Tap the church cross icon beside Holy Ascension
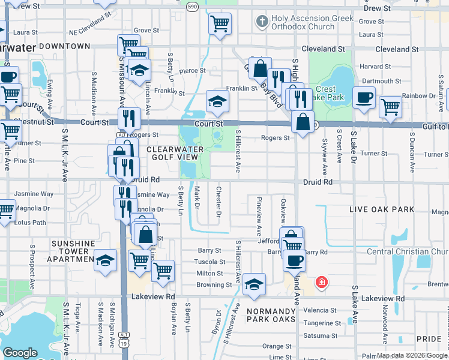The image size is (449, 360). coord(261,22)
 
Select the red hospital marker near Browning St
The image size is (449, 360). coord(322,281)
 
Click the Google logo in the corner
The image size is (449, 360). coord(20,353)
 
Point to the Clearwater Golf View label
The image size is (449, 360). coord(172,152)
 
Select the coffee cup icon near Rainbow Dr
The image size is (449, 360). coord(364,98)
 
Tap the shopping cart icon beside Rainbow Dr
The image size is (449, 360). coord(391,106)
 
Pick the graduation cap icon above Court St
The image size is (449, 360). coord(217,101)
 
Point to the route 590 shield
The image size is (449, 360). coord(191,6)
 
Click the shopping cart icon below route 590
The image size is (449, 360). coord(220,24)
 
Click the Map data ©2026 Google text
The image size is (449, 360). coord(412,355)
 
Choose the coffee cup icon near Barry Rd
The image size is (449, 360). coord(294,260)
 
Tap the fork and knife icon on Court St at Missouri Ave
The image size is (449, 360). coord(128,118)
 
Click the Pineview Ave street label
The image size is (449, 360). coord(259,216)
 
